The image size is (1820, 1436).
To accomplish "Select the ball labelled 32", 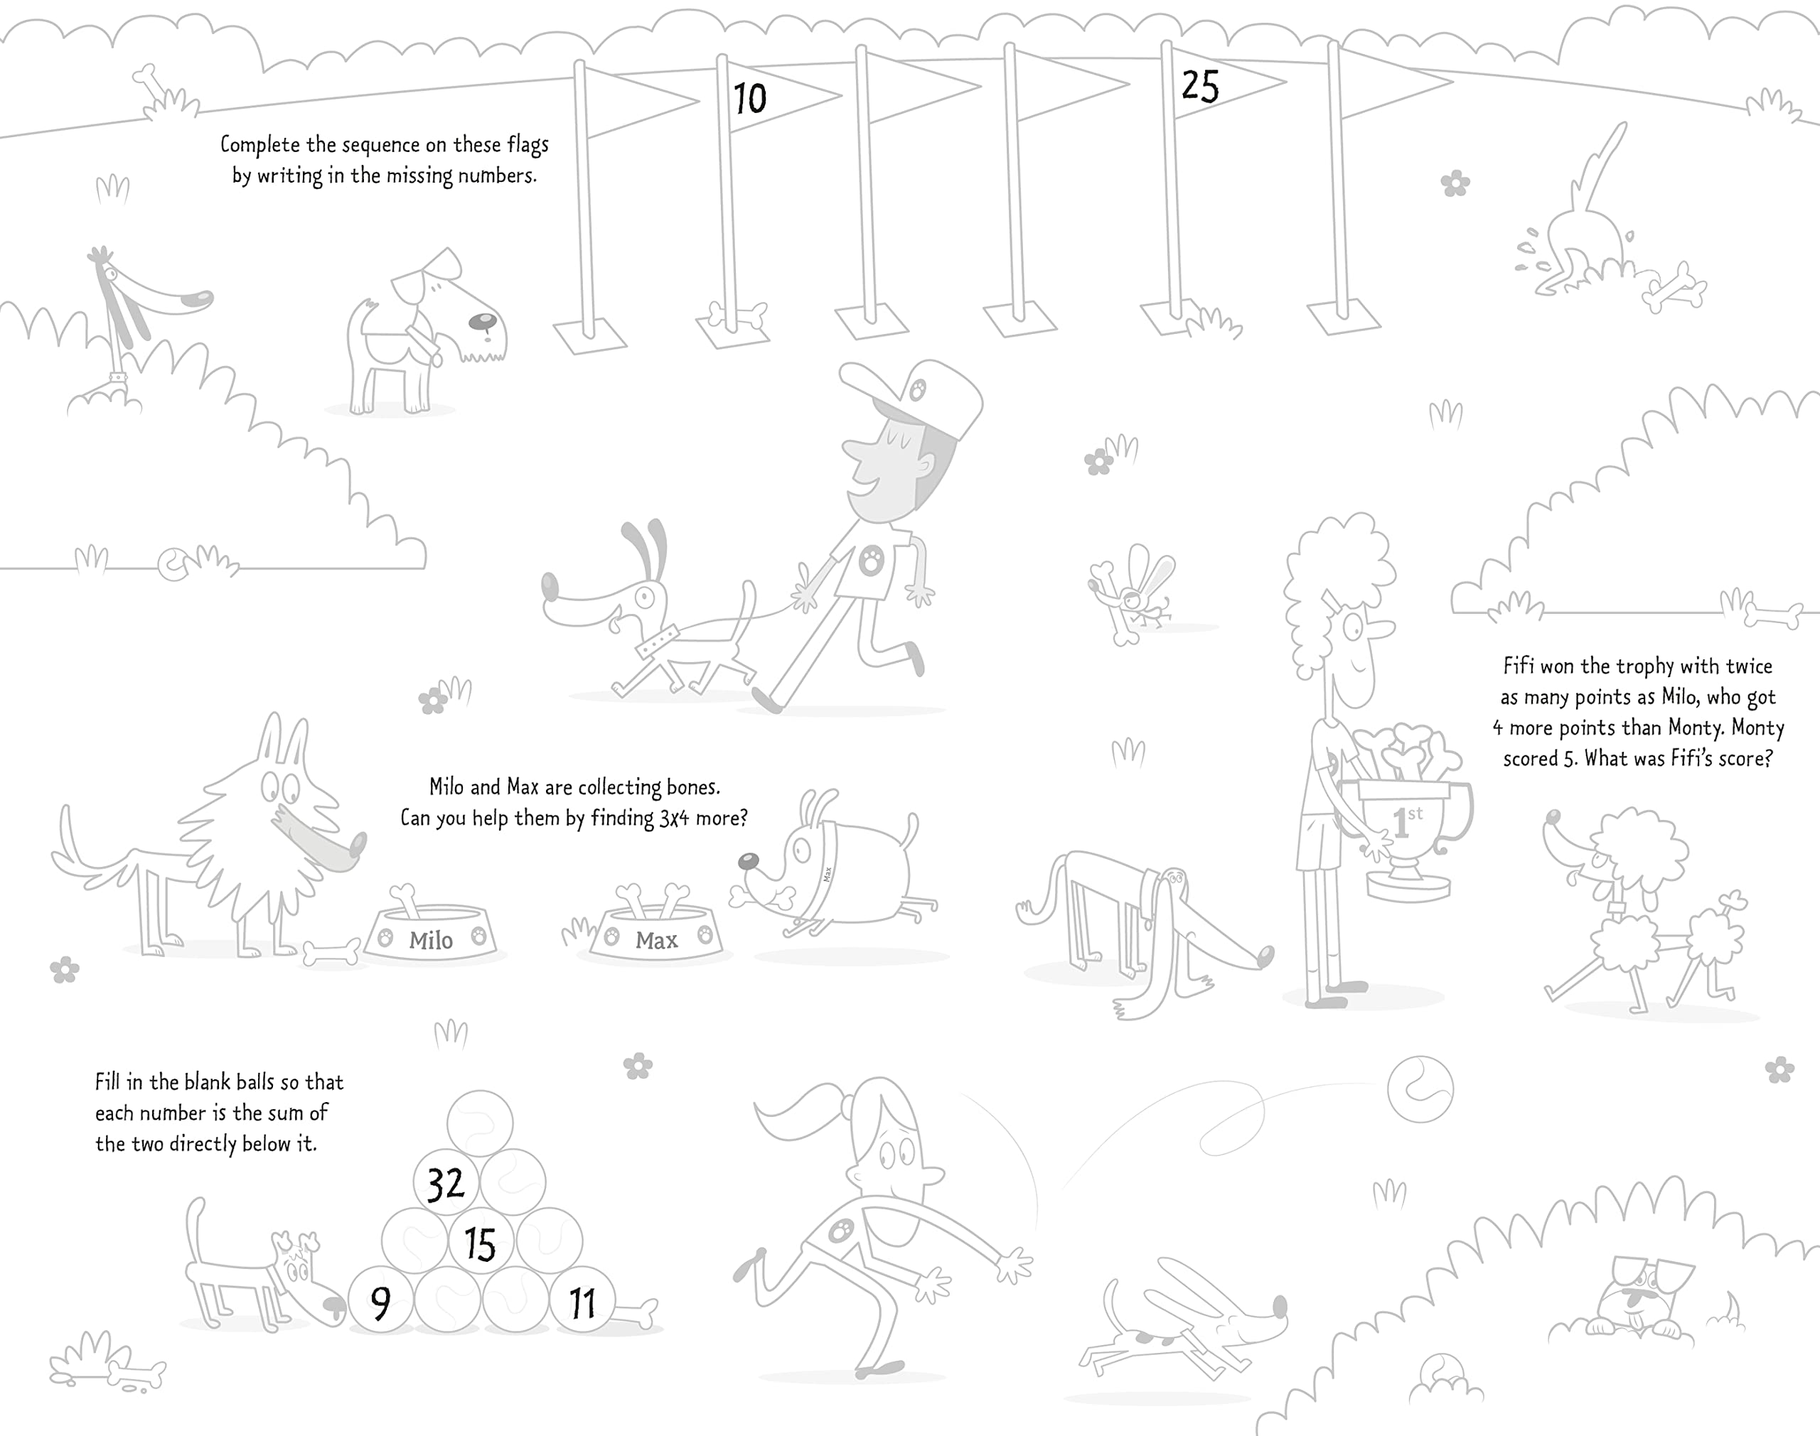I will pyautogui.click(x=446, y=1184).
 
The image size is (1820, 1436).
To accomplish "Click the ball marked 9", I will pyautogui.click(x=380, y=1302).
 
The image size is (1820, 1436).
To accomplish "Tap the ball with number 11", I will pyautogui.click(x=582, y=1302).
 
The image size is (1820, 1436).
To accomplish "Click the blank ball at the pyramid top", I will pyautogui.click(x=479, y=1123).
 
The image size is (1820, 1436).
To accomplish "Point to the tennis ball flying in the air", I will pyautogui.click(x=1420, y=1089).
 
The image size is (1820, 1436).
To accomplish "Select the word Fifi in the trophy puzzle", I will pyautogui.click(x=1519, y=666).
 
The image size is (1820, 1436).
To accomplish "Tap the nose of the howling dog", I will pyautogui.click(x=203, y=298).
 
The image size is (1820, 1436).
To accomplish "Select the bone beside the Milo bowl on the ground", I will pyautogui.click(x=331, y=954).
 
